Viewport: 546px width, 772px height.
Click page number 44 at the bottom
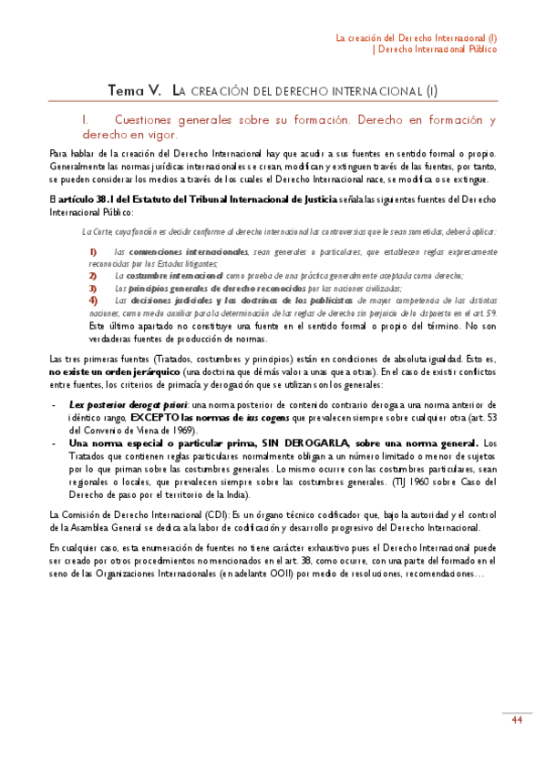point(516,722)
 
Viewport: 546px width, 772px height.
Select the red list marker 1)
point(93,250)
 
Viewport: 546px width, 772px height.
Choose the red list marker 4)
point(93,299)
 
